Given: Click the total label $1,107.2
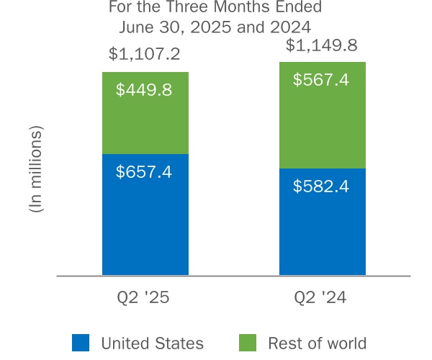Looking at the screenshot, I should [x=144, y=54].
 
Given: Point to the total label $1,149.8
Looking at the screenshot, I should [x=321, y=45].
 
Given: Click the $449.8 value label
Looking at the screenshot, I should [x=144, y=91].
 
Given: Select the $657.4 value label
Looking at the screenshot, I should [x=144, y=172].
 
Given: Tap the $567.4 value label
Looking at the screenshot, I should [x=321, y=80].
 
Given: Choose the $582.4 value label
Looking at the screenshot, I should [x=321, y=186].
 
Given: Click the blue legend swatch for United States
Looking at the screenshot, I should [x=81, y=343].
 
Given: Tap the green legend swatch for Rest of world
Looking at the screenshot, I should [x=247, y=343].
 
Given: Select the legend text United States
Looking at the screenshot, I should [x=152, y=343].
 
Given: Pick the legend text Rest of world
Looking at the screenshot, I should [x=317, y=343].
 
